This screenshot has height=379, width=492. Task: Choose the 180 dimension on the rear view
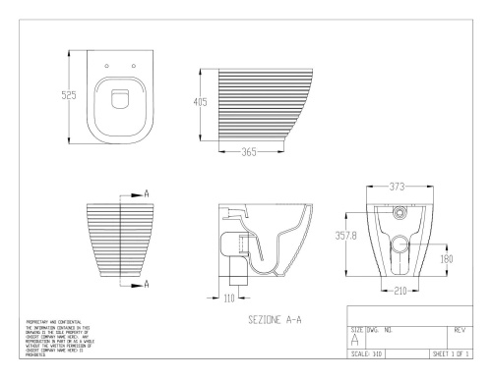click(x=446, y=259)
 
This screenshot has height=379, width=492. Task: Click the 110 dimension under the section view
click(x=227, y=297)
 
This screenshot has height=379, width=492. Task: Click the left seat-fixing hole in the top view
click(x=105, y=67)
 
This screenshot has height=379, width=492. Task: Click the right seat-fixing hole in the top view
click(x=133, y=67)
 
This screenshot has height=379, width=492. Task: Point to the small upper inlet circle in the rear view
click(x=400, y=213)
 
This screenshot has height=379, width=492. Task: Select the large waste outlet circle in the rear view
click(x=400, y=244)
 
